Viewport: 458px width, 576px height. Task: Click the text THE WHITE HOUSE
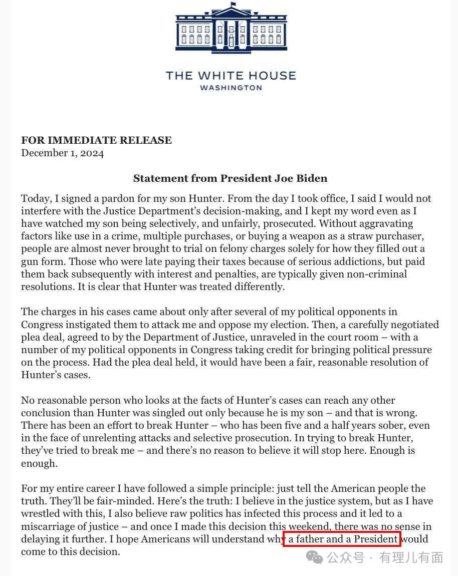pos(231,76)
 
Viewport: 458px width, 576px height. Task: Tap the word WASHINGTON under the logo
pos(231,88)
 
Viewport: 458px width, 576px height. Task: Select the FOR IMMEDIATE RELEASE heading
pos(96,140)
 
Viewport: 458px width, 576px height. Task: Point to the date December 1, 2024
pos(62,153)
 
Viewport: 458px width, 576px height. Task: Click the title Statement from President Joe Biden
pos(230,178)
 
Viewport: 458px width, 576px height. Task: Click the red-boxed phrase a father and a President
pos(342,539)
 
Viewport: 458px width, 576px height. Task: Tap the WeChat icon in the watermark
pos(315,557)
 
